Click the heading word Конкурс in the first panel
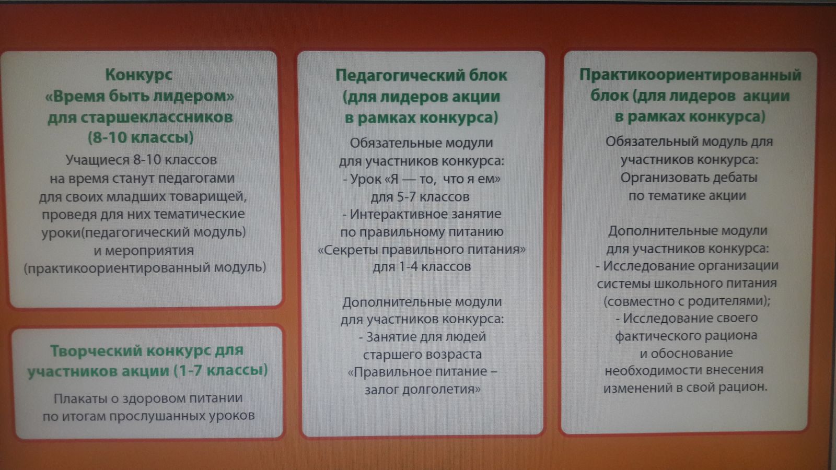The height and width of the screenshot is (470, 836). pos(138,75)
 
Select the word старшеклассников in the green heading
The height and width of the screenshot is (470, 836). pos(157,118)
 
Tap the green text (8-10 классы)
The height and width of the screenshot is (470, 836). pos(141,138)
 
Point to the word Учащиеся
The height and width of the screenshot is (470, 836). pos(97,160)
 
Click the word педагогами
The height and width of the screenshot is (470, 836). pos(196,179)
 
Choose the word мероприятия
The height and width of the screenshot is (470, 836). pos(149,251)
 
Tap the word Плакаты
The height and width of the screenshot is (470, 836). pos(80,399)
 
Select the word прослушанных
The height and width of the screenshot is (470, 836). pos(155,416)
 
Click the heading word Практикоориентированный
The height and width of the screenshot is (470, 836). pos(690,75)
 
